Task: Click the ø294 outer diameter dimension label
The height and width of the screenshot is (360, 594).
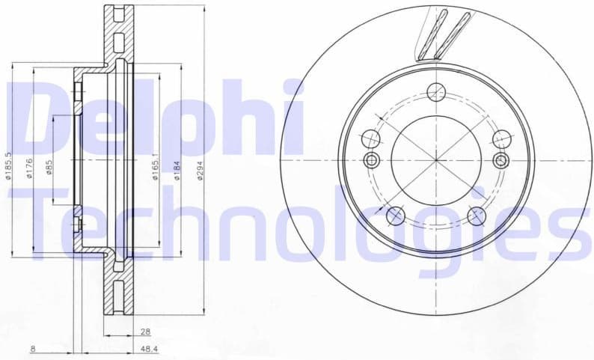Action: [199, 173]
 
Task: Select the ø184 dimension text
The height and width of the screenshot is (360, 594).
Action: [177, 173]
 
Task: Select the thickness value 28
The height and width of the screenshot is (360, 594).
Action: [145, 331]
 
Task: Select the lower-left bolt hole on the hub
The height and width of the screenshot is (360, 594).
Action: [395, 216]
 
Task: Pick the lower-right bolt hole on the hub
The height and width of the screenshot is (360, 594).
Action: [477, 216]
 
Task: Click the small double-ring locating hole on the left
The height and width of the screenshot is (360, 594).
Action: [371, 159]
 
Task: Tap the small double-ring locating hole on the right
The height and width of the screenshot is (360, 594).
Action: [501, 159]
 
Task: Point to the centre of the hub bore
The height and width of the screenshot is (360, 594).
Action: [435, 159]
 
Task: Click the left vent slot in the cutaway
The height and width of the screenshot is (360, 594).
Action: [432, 35]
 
